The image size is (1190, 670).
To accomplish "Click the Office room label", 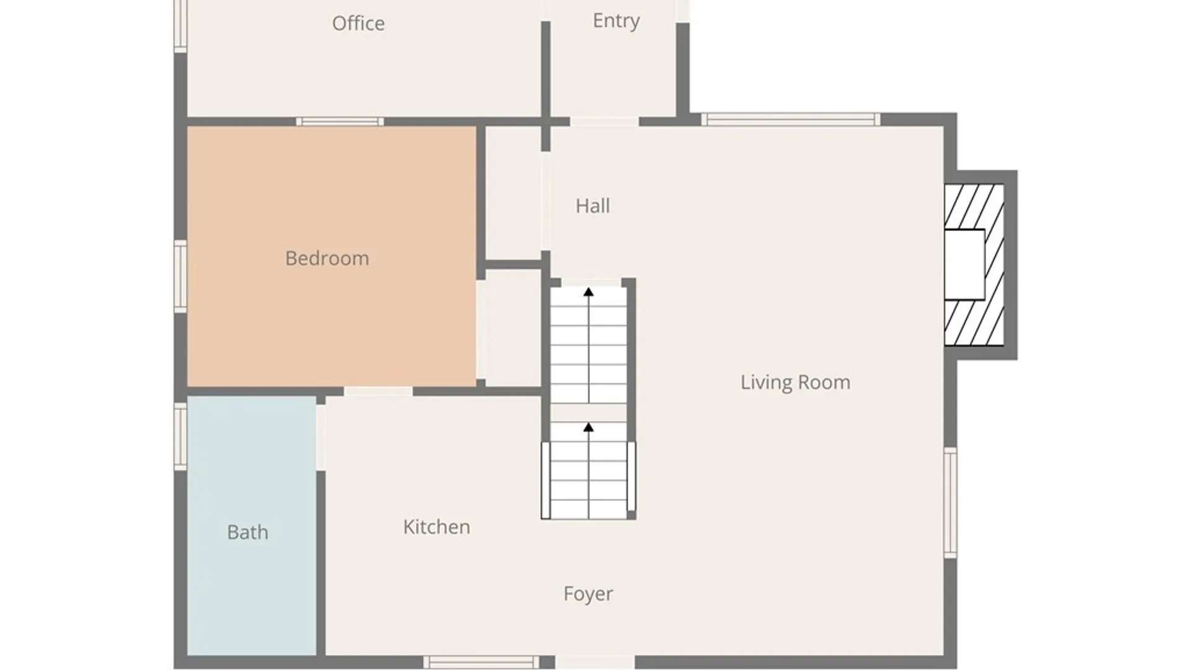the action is (x=358, y=24).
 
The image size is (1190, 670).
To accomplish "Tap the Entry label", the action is (x=616, y=21).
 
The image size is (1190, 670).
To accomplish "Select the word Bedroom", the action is (x=327, y=258).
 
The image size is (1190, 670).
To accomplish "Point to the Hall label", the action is (x=593, y=206).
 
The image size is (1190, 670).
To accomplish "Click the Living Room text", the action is (x=795, y=382).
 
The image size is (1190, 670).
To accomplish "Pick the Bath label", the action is (x=247, y=532).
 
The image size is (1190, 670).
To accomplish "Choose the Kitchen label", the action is (x=436, y=527).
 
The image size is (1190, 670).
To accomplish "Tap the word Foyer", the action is (x=588, y=594).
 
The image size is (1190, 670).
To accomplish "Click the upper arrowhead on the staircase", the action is (x=589, y=292).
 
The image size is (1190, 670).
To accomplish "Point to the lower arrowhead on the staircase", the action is (x=589, y=427).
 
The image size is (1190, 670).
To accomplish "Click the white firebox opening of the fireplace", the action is (x=964, y=265).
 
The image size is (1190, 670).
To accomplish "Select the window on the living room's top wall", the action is (x=791, y=120).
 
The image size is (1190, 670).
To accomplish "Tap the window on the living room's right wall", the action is (x=950, y=502).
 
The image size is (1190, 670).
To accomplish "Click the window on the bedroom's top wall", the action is (x=340, y=122).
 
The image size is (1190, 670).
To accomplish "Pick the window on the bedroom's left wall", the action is (x=180, y=277).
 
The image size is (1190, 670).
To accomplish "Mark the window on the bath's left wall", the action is (x=180, y=436).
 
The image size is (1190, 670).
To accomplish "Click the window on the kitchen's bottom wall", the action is (x=482, y=663).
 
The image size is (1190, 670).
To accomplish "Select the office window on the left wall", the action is (x=180, y=25).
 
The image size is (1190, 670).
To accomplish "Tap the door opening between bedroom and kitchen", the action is (x=378, y=391).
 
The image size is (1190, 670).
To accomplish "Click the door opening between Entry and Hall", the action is (x=604, y=122).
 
